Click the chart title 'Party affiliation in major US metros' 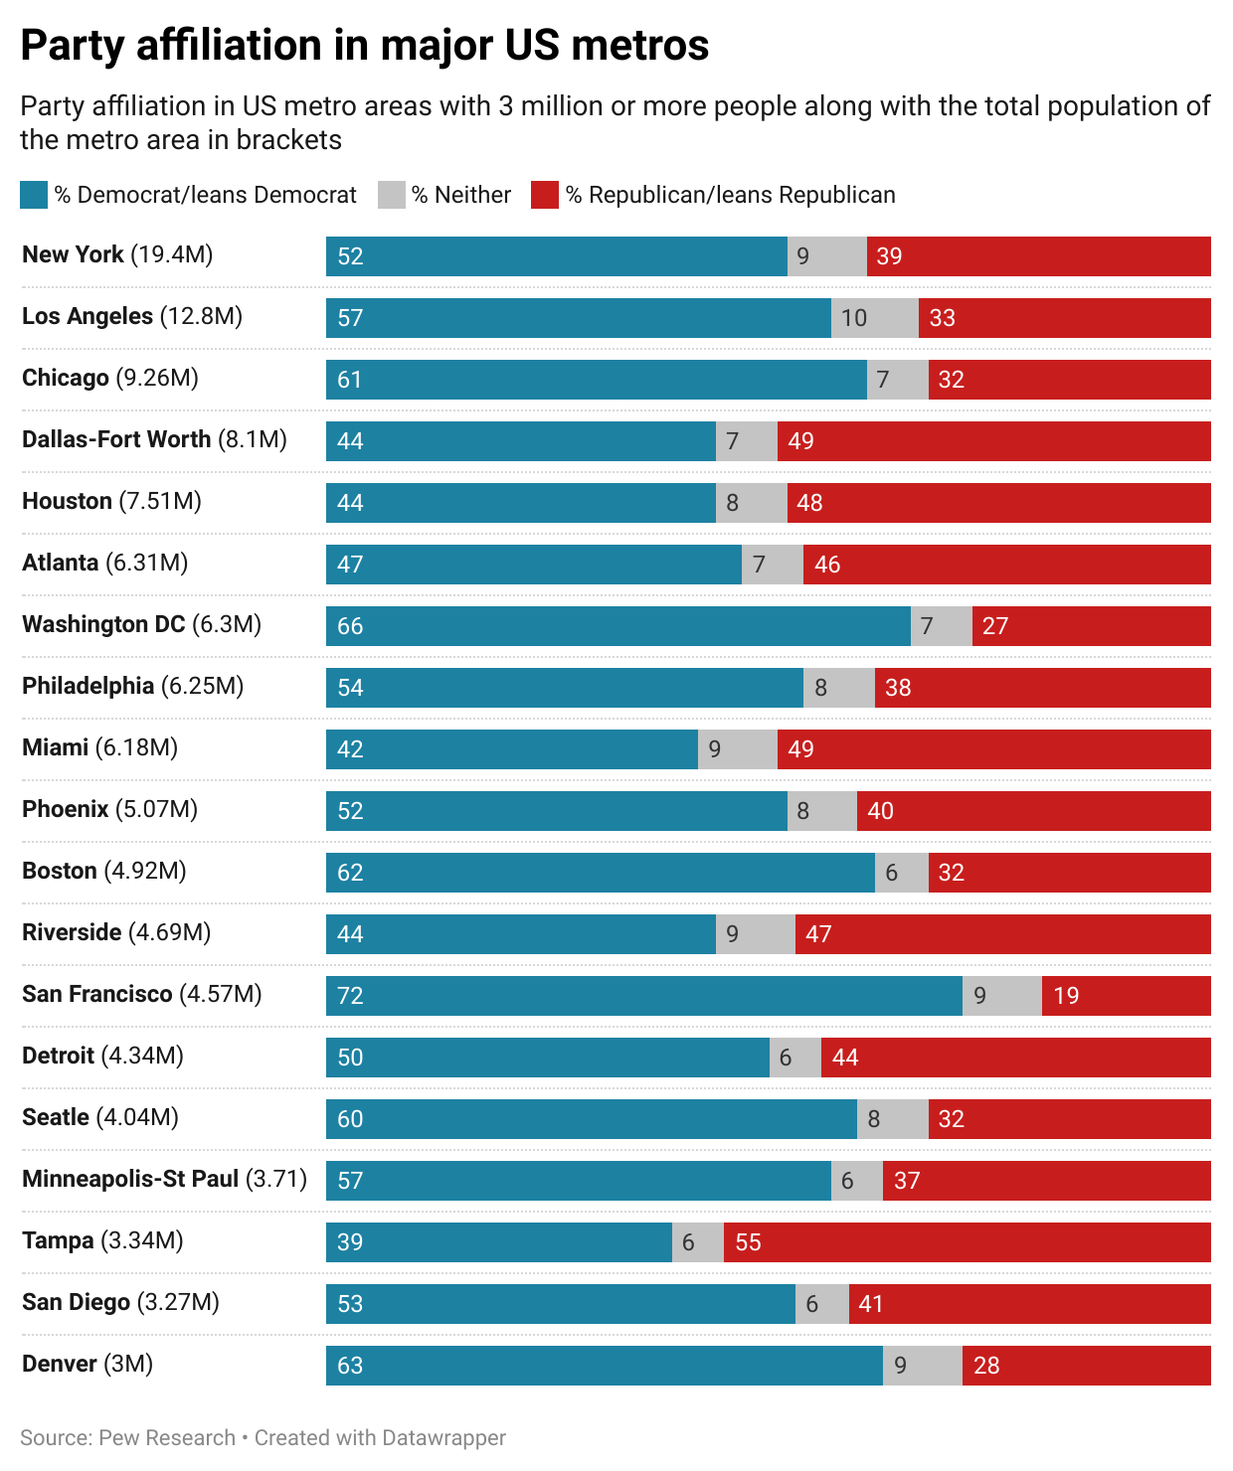[364, 46]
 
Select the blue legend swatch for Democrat [34, 195]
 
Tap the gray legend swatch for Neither [392, 195]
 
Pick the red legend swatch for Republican [545, 195]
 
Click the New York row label [117, 254]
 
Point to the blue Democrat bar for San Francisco [643, 996]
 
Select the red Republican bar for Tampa [967, 1242]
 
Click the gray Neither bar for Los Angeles [874, 318]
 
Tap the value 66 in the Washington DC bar [350, 626]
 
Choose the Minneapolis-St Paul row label [164, 1179]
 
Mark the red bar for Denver [1086, 1366]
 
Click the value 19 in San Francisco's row [1066, 996]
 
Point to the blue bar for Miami [511, 749]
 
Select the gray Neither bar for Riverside [755, 934]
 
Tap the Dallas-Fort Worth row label [154, 439]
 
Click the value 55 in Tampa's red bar [748, 1242]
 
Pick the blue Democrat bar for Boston [600, 873]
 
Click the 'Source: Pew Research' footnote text [127, 1438]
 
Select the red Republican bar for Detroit [1015, 1058]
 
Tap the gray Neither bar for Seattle [892, 1119]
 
